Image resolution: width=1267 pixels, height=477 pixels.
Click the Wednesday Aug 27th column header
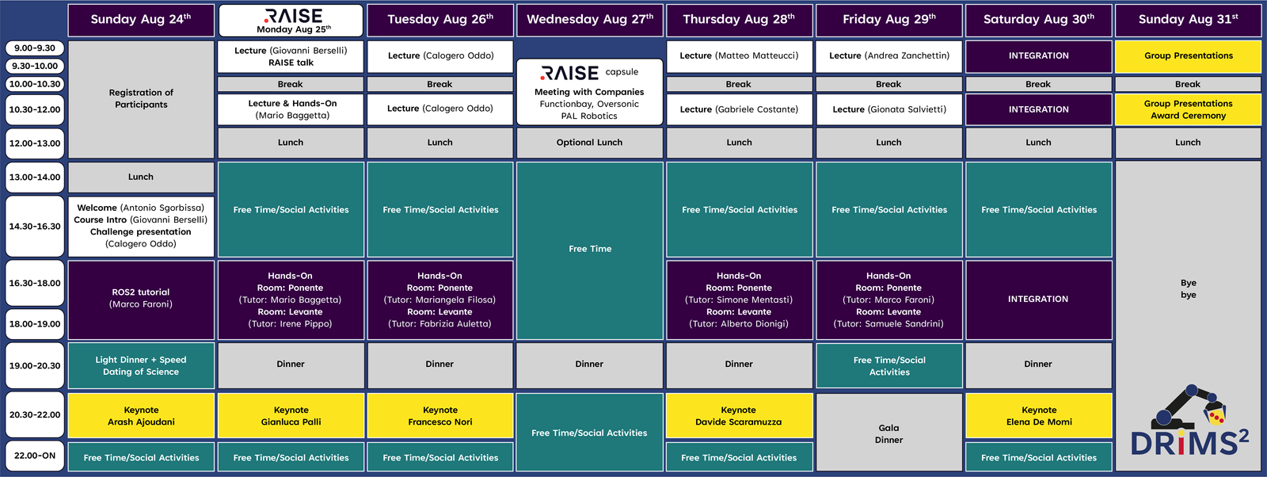tap(589, 20)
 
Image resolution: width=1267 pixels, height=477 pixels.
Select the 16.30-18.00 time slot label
tap(35, 283)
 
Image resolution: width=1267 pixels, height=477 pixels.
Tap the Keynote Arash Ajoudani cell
tap(142, 416)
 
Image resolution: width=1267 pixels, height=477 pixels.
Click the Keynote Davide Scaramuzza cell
tap(739, 416)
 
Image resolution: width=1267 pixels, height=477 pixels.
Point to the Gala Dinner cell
tap(888, 433)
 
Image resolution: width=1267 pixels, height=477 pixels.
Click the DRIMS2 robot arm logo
tap(1189, 421)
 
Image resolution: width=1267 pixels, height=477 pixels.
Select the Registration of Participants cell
tap(142, 99)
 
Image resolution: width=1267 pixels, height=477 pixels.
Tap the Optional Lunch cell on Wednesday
tap(589, 143)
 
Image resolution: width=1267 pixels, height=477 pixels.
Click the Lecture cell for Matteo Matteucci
tap(739, 56)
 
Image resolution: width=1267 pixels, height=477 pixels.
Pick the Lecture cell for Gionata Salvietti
tap(888, 109)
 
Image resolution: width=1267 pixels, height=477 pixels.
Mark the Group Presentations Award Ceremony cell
tap(1188, 109)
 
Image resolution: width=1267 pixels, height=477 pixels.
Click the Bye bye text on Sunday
tap(1189, 288)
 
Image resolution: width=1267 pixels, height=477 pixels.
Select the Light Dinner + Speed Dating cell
tap(142, 365)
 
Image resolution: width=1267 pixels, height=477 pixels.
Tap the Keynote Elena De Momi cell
tap(1038, 416)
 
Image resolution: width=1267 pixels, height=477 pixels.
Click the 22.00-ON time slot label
tap(35, 456)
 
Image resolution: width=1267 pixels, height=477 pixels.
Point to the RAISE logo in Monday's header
tap(293, 15)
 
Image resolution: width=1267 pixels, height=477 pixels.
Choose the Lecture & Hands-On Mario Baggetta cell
tap(291, 109)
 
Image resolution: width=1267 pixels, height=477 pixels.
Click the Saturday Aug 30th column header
tap(1038, 20)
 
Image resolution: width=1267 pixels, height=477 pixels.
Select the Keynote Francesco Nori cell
tap(440, 416)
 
